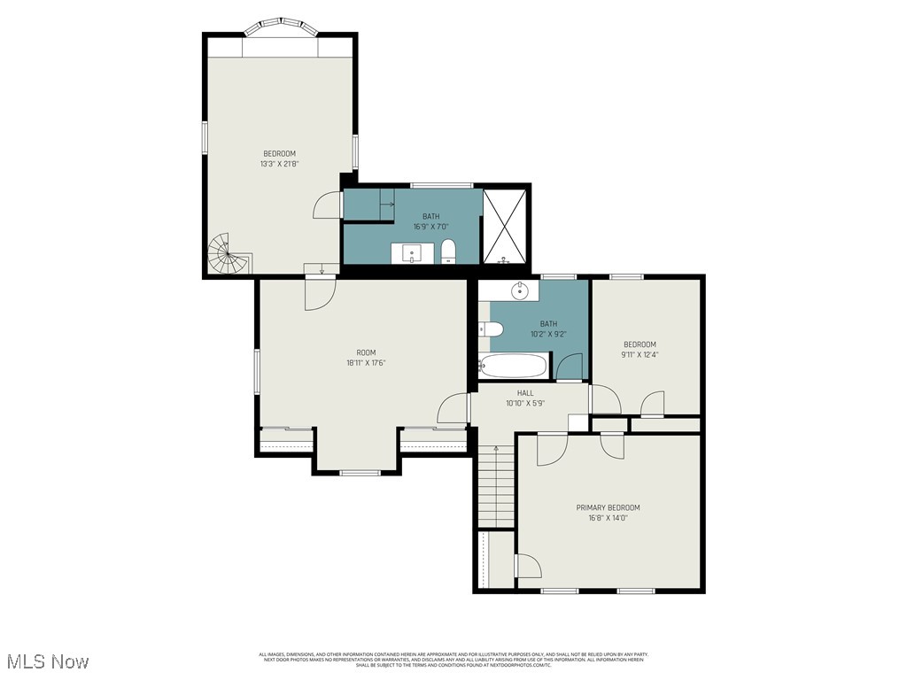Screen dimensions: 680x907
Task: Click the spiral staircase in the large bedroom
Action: (x=223, y=253)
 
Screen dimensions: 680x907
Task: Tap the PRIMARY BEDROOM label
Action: (x=608, y=507)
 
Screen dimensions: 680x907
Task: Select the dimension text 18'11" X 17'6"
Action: (x=367, y=362)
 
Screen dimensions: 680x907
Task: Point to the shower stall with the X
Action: (x=507, y=227)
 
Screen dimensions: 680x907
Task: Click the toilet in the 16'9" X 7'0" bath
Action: (x=448, y=250)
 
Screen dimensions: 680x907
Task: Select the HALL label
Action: (x=525, y=392)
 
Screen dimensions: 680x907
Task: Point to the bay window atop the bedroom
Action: (x=280, y=27)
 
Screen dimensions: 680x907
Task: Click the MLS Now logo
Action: (x=47, y=661)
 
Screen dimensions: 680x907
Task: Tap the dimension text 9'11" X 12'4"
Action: (x=640, y=354)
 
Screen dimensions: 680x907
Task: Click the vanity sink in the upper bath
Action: (x=414, y=253)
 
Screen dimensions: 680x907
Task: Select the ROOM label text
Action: (x=367, y=352)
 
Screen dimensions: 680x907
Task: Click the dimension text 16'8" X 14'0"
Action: (x=608, y=518)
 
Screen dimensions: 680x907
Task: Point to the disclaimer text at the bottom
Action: (x=453, y=660)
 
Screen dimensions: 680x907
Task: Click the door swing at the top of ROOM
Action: (x=319, y=294)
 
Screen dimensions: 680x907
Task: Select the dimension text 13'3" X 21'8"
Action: (x=279, y=164)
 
